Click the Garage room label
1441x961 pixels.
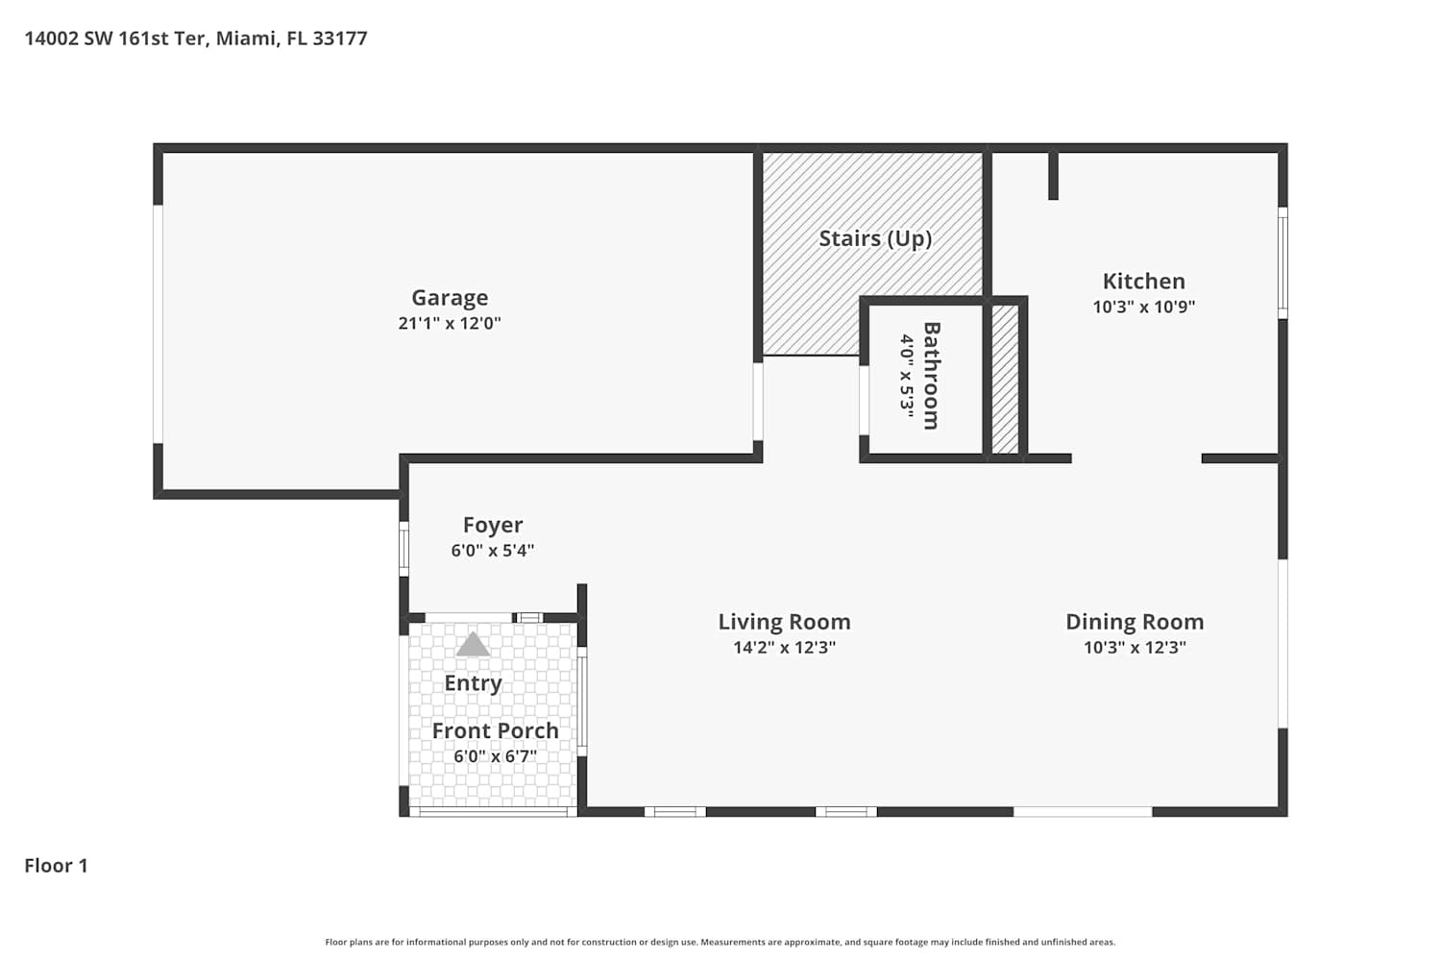450,297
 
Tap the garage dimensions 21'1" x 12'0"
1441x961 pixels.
450,323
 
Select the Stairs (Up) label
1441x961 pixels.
875,238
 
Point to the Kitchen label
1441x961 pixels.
1144,282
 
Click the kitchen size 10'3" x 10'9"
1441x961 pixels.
1144,307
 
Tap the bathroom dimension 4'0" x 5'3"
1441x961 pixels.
907,376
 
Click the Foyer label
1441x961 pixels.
493,526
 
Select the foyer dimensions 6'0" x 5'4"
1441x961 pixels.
493,551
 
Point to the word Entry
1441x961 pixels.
473,683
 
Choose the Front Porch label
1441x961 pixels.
496,730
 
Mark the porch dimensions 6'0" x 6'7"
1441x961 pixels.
496,755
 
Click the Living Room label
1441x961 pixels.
784,622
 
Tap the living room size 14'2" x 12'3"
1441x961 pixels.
784,647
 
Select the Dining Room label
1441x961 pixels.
1135,622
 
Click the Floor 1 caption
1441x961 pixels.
56,866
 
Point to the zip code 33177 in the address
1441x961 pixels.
340,38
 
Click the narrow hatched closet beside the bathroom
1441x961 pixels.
1005,380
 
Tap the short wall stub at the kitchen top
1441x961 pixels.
1053,175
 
